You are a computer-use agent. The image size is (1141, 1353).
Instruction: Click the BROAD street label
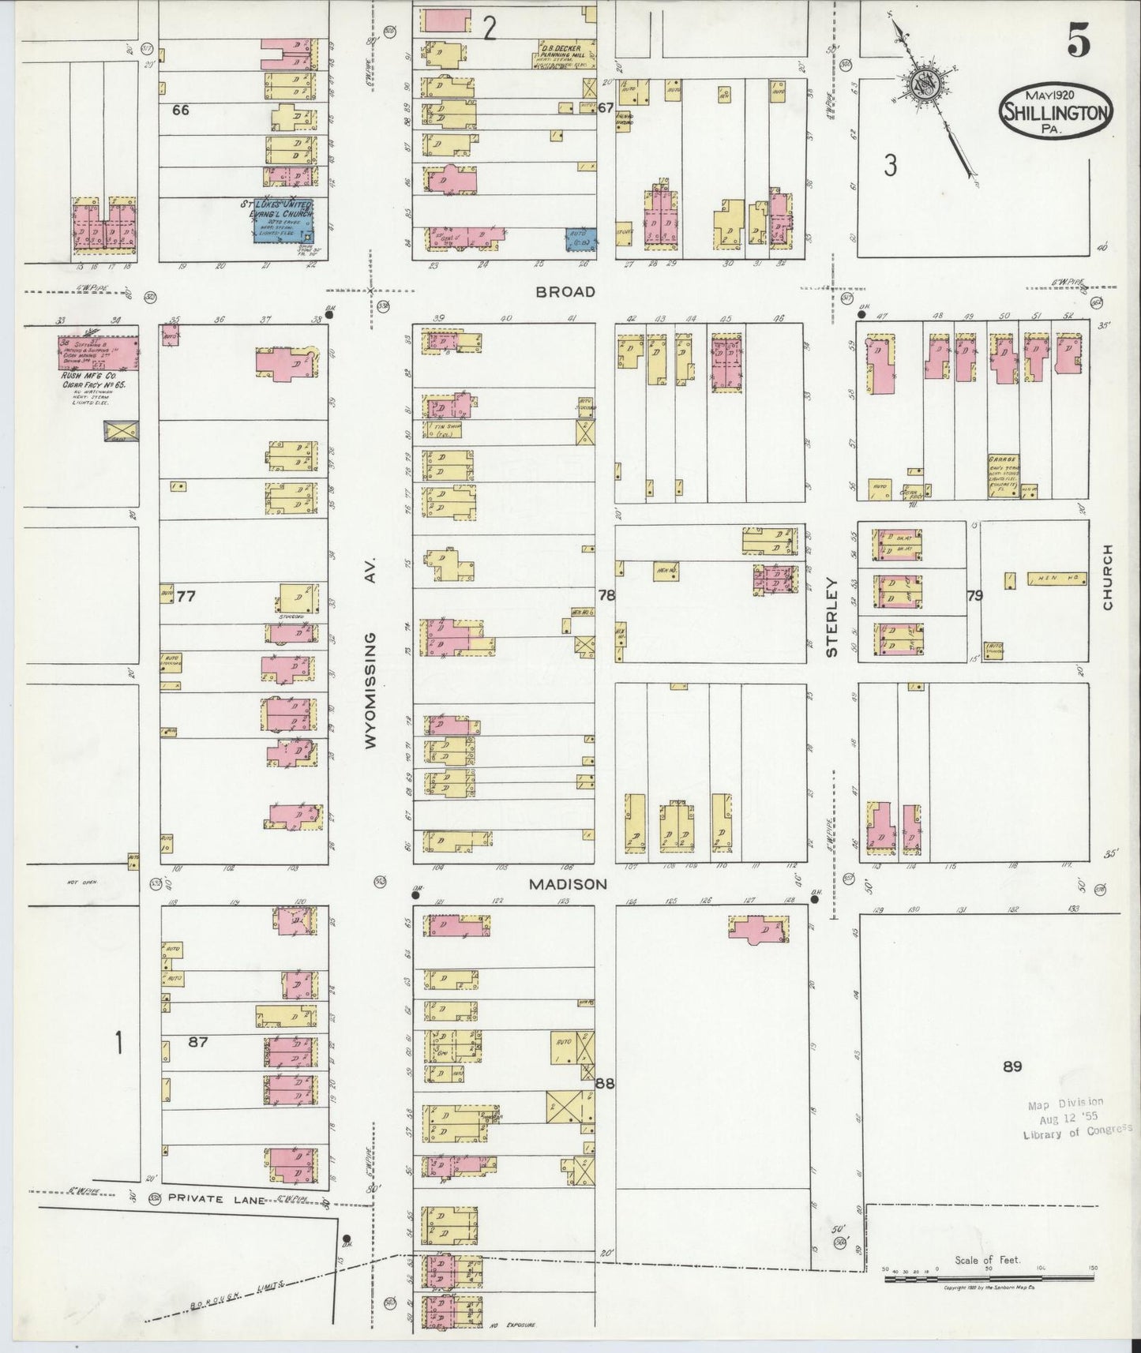tap(565, 292)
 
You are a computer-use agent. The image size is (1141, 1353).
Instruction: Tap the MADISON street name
tap(569, 885)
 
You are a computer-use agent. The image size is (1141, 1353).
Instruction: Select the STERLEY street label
tap(831, 617)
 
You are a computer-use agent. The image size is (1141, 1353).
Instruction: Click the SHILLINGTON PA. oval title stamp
tap(1057, 111)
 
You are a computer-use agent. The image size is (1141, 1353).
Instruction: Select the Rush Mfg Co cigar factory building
tap(98, 352)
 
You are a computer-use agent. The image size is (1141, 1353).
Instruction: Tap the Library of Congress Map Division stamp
tap(1066, 1118)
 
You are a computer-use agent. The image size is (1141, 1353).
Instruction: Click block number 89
tap(1012, 1066)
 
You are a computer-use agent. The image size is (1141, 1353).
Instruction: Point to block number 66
tap(181, 110)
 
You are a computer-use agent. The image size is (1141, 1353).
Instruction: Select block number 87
tap(197, 1042)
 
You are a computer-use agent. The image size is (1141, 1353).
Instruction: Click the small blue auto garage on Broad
tap(581, 239)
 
